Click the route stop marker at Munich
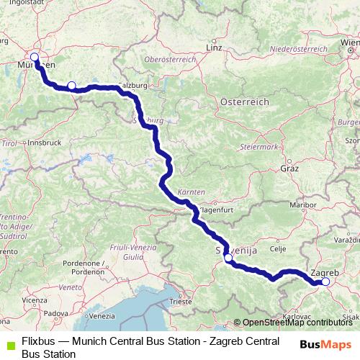pyautogui.click(x=34, y=57)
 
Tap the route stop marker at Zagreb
pyautogui.click(x=325, y=282)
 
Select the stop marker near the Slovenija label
pyautogui.click(x=228, y=257)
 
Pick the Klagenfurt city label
pyautogui.click(x=213, y=210)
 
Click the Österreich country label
pyautogui.click(x=244, y=102)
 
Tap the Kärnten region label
pyautogui.click(x=189, y=193)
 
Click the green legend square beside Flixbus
pyautogui.click(x=9, y=344)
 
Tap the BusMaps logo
pyautogui.click(x=325, y=344)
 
